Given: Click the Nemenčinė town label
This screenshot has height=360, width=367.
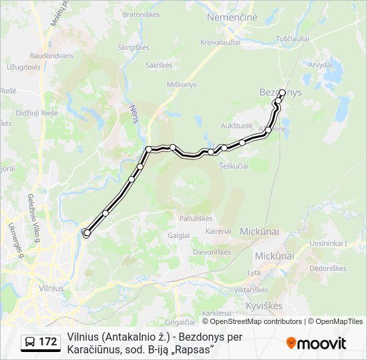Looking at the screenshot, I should pos(232,17).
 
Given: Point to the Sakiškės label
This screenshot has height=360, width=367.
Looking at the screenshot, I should pos(159,65).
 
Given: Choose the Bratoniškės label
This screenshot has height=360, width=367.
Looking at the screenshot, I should pos(139,14).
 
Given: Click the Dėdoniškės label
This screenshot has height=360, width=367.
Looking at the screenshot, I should pos(328,268).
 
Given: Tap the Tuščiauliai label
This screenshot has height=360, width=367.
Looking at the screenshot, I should pos(293,39).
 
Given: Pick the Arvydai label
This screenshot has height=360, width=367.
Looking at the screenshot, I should pos(320,65).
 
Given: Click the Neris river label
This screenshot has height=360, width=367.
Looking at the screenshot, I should pos(134,109).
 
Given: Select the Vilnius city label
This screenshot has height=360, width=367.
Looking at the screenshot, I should pos(51,288).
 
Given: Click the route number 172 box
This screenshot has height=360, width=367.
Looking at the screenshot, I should pos(41,342).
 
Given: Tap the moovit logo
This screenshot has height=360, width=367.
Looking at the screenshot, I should pos(316,343).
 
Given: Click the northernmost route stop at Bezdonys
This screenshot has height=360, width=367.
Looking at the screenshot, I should pos(282,93).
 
